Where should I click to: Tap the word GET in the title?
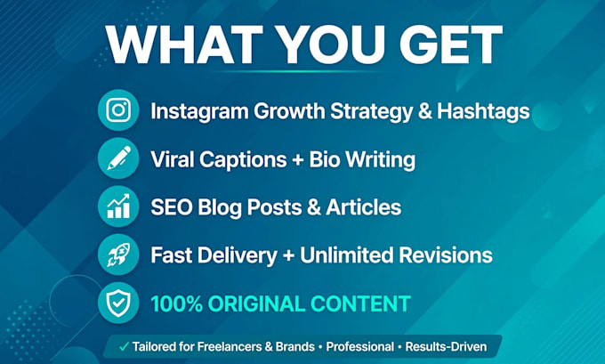click(451, 44)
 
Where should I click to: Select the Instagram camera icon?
click(118, 110)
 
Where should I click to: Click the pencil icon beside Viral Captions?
click(119, 158)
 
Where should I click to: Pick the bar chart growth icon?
click(118, 206)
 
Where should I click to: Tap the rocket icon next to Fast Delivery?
click(118, 255)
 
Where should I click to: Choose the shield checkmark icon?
click(118, 303)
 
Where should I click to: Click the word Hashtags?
click(483, 112)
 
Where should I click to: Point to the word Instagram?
click(199, 112)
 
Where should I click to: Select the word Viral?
click(172, 159)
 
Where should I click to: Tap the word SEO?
click(172, 207)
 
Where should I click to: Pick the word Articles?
click(364, 207)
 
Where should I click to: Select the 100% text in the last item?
click(177, 303)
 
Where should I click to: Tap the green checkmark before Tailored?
click(124, 346)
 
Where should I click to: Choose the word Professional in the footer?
click(360, 346)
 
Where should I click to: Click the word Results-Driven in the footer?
click(446, 346)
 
